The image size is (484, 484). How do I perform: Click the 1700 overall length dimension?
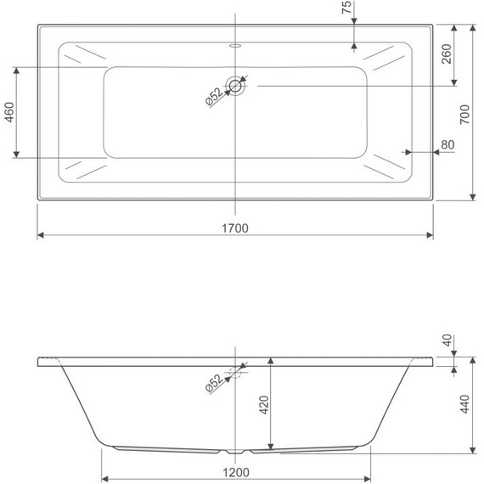(235, 228)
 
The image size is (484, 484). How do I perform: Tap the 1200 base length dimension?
(236, 472)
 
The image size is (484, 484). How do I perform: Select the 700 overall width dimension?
(464, 115)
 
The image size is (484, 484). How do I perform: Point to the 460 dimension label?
(9, 112)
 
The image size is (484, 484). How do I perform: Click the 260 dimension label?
(447, 54)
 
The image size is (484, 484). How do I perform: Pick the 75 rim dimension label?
(346, 7)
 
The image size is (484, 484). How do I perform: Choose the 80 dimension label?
(447, 144)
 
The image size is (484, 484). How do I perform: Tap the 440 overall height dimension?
(464, 403)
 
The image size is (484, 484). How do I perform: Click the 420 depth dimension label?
(264, 404)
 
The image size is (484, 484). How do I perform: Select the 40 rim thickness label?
(447, 340)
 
